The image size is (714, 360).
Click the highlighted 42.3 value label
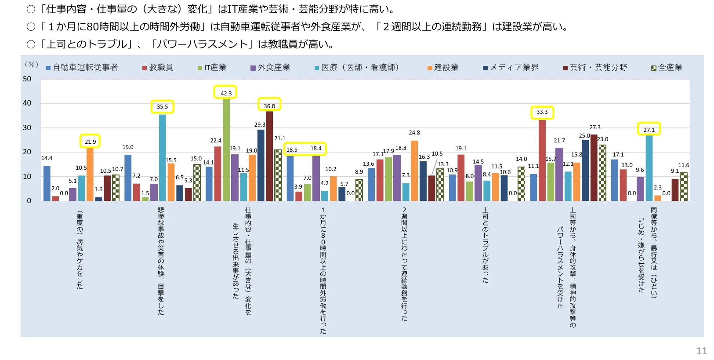tap(225, 93)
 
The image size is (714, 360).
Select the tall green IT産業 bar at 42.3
tap(226, 149)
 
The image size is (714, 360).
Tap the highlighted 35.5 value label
tap(162, 106)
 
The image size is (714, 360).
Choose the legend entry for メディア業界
tap(511, 67)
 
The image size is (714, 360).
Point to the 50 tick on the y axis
tap(27, 79)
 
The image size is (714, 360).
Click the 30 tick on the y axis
tap(27, 128)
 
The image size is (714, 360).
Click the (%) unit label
tap(31, 65)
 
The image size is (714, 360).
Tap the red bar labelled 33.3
tap(542, 160)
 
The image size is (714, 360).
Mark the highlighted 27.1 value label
tap(649, 130)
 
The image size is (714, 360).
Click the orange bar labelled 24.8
tap(414, 171)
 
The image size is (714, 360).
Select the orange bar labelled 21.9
tap(90, 174)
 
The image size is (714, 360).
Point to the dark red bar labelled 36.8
tap(269, 156)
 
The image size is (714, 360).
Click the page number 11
tap(702, 351)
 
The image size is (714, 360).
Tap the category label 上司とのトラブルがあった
tap(486, 245)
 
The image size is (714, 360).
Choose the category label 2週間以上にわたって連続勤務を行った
tap(404, 264)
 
